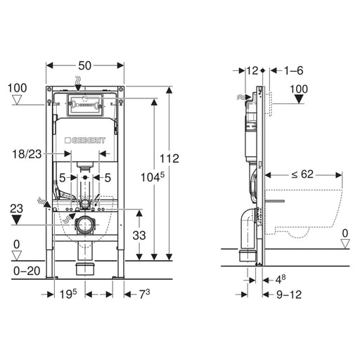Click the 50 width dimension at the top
point(84,66)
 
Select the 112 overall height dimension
point(169,158)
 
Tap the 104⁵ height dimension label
point(153,177)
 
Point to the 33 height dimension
point(139,235)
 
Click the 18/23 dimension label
point(27,154)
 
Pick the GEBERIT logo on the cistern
point(85,140)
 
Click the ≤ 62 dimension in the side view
point(302,174)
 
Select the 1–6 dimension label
point(294,70)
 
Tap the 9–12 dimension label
point(289,295)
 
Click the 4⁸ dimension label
point(281,279)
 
